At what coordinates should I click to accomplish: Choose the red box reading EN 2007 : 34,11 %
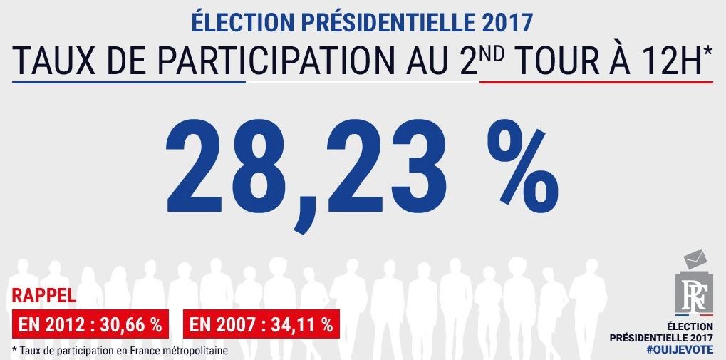click(261, 324)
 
